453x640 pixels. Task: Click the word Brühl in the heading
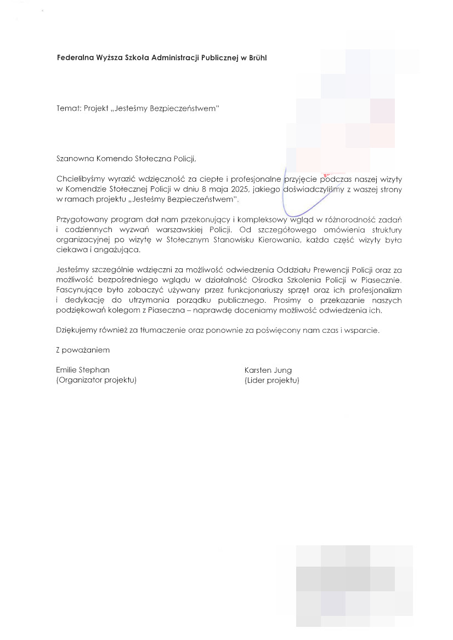pyautogui.click(x=257, y=57)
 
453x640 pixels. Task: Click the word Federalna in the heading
pyautogui.click(x=74, y=57)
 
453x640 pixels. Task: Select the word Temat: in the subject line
pyautogui.click(x=69, y=108)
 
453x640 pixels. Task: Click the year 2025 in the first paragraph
pyautogui.click(x=230, y=189)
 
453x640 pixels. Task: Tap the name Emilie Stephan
pyautogui.click(x=82, y=370)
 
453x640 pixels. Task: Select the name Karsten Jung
pyautogui.click(x=268, y=370)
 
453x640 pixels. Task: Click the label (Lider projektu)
pyautogui.click(x=272, y=380)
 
